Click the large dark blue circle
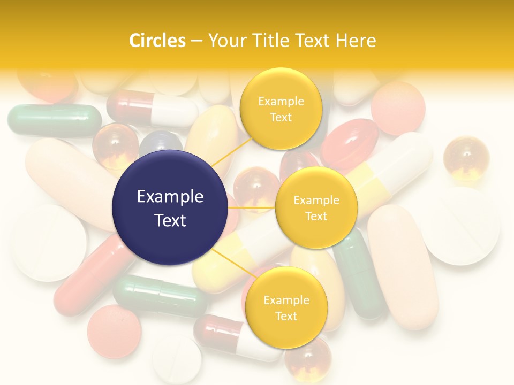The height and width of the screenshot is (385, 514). [x=170, y=207]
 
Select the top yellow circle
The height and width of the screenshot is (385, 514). [x=281, y=109]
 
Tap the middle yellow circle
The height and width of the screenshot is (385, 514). [x=316, y=207]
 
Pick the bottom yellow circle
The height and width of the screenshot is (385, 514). [x=286, y=307]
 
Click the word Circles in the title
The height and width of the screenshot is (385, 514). [x=157, y=41]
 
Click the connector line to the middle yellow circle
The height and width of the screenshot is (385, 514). [x=251, y=207]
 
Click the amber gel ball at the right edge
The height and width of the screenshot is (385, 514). [x=466, y=158]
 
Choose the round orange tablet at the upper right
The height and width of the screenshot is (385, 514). [x=398, y=108]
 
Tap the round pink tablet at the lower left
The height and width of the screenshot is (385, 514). [x=114, y=331]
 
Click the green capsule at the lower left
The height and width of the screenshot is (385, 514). [x=159, y=296]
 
